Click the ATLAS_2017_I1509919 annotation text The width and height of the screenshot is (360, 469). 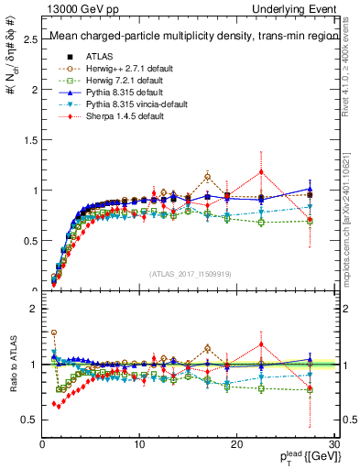(190, 273)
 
